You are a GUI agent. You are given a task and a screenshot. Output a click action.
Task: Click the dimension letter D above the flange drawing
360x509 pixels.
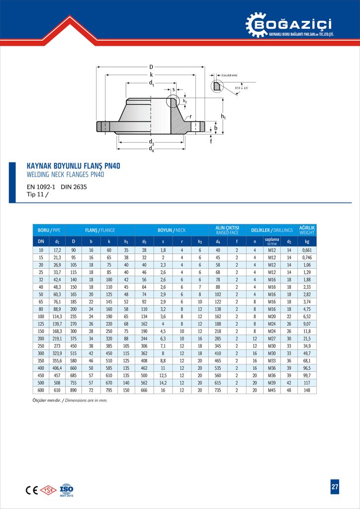click(x=151, y=67)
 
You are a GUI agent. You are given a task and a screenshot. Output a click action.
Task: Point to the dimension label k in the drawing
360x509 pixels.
click(x=151, y=75)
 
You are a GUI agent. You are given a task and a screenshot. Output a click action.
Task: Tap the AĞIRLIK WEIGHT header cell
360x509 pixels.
click(x=307, y=231)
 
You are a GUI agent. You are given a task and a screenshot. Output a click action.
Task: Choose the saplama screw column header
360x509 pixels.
click(x=271, y=241)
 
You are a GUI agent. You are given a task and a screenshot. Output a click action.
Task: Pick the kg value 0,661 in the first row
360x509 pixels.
click(x=307, y=250)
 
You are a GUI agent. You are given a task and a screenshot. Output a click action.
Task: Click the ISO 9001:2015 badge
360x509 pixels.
click(x=66, y=490)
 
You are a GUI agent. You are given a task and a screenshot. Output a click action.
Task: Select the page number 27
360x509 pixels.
click(x=335, y=487)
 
